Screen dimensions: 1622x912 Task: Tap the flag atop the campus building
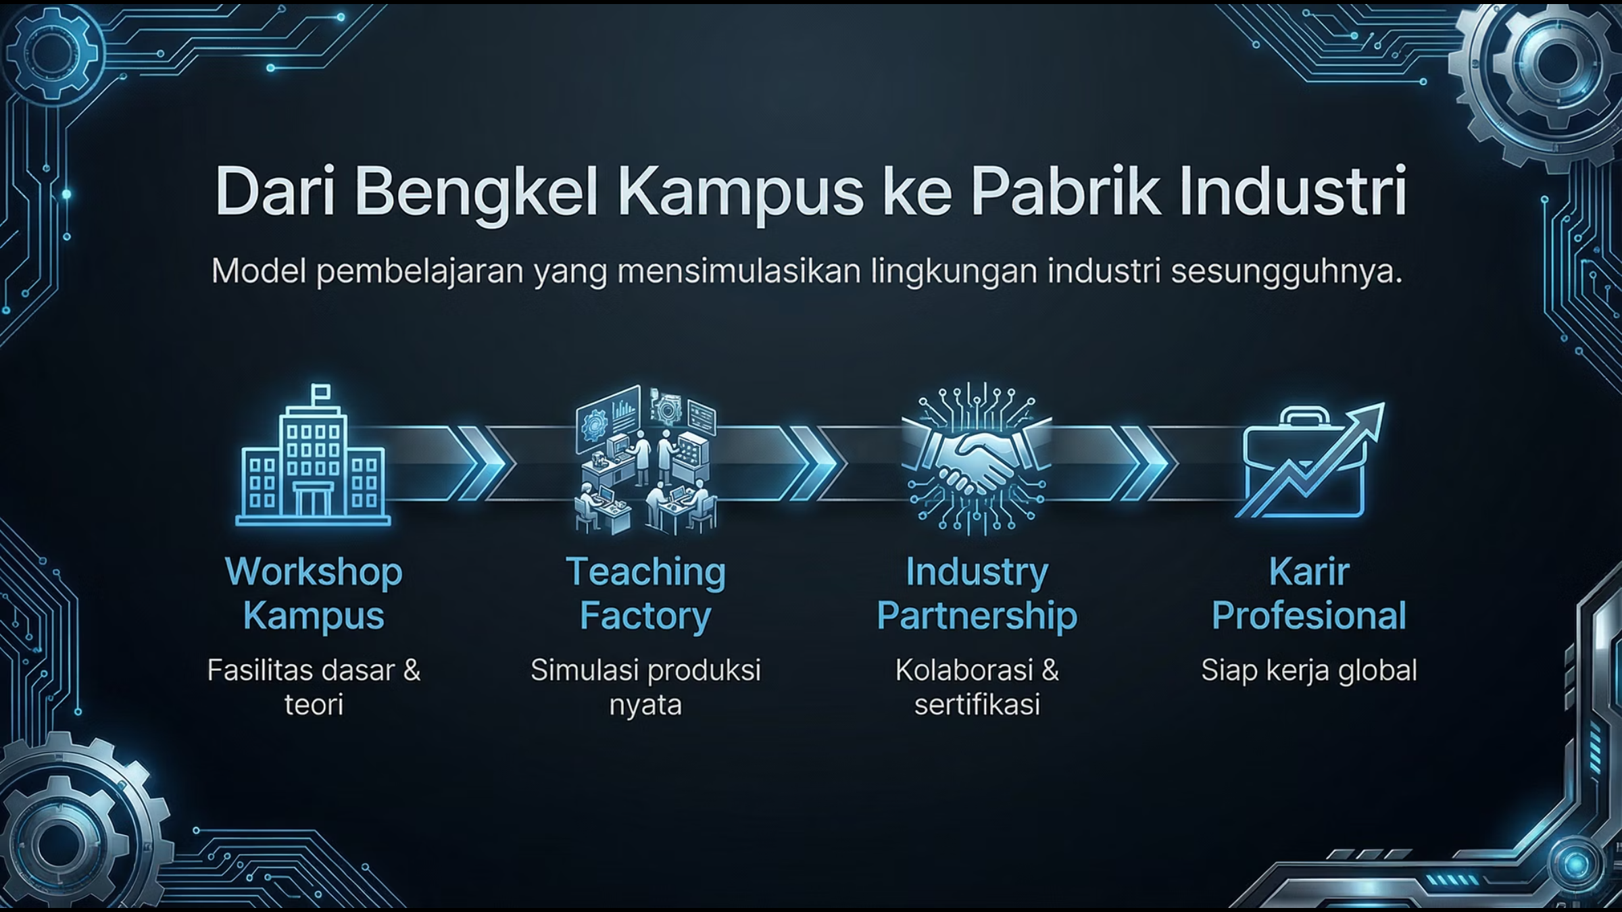(x=320, y=392)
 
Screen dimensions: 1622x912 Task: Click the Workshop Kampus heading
(x=314, y=594)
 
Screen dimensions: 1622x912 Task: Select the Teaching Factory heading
(x=646, y=594)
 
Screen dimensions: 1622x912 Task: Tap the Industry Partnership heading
(x=977, y=594)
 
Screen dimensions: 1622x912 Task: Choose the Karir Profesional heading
(x=1309, y=594)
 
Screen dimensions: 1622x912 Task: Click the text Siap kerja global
(x=1309, y=671)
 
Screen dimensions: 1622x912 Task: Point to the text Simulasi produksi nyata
(x=646, y=687)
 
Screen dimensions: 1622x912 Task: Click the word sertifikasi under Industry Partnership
(x=977, y=705)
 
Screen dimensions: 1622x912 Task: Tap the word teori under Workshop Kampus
(x=314, y=705)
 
